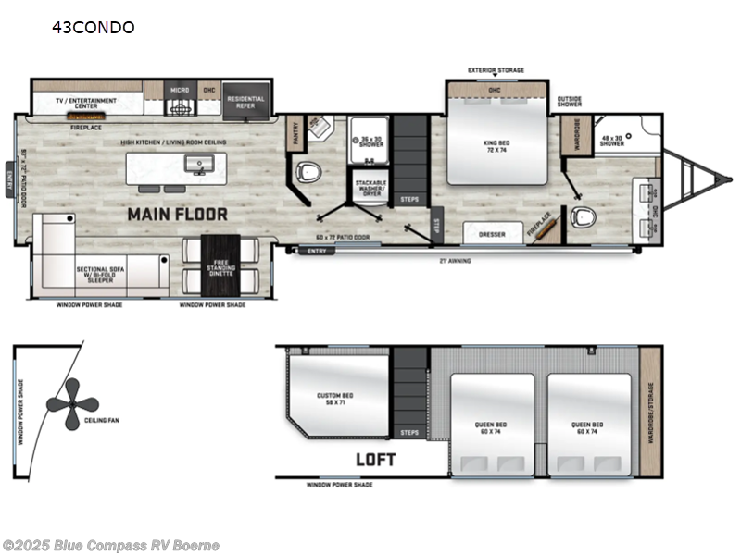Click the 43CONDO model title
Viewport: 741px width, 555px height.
tap(93, 27)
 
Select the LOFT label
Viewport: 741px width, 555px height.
tap(375, 459)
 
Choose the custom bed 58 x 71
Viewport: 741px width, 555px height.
tap(334, 399)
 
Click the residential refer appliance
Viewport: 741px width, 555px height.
tap(245, 102)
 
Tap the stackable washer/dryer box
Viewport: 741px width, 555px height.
tap(370, 189)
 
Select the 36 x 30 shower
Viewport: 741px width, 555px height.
tap(370, 142)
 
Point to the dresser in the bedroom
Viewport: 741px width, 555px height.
tap(492, 234)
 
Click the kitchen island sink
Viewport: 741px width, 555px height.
tap(196, 165)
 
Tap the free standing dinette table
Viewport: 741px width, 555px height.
tap(220, 263)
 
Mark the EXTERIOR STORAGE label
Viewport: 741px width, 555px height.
tap(496, 70)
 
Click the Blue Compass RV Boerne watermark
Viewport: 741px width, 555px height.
tap(110, 545)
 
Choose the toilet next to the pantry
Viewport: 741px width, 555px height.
tap(308, 172)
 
